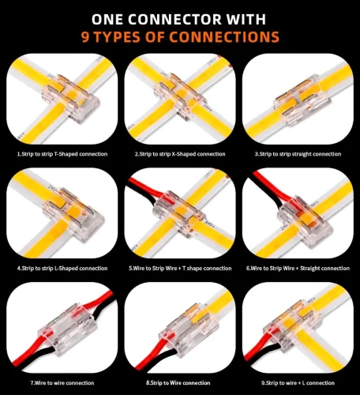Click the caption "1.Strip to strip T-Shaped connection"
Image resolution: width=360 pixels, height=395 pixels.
click(x=62, y=154)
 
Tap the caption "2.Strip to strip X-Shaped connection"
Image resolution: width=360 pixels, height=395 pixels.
click(x=180, y=154)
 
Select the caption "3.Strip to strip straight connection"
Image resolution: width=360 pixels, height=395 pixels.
click(x=298, y=154)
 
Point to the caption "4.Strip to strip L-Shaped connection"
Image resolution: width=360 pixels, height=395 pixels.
click(x=62, y=269)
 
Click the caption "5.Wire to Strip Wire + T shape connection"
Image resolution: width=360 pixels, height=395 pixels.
click(x=180, y=269)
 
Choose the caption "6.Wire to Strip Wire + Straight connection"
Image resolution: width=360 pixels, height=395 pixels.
click(x=298, y=269)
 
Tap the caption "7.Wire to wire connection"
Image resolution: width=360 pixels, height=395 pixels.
click(x=62, y=383)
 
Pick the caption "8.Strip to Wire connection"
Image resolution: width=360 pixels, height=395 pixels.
click(x=178, y=383)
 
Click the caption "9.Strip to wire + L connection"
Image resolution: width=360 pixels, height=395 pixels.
click(x=298, y=383)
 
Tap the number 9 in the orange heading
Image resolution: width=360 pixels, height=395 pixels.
click(x=85, y=36)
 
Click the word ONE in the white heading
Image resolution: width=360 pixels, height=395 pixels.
click(x=107, y=19)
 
